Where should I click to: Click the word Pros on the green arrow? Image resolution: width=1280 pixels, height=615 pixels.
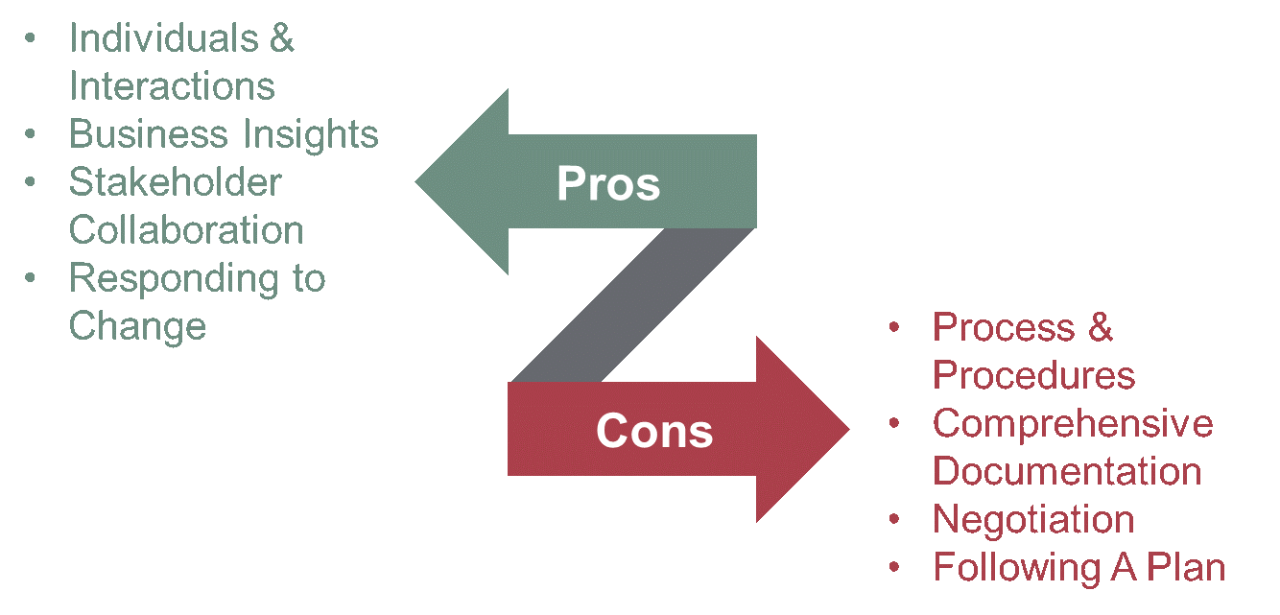pyautogui.click(x=608, y=183)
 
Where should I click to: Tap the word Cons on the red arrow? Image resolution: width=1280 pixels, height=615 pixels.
pyautogui.click(x=654, y=431)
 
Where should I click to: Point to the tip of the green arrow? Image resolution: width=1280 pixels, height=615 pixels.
pyautogui.click(x=419, y=181)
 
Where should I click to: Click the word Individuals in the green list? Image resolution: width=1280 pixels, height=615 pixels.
pyautogui.click(x=164, y=38)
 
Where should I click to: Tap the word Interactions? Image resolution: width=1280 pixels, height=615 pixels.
pyautogui.click(x=172, y=86)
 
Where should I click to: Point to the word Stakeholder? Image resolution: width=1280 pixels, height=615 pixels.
pyautogui.click(x=175, y=182)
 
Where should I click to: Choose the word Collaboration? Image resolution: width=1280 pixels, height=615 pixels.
pyautogui.click(x=186, y=230)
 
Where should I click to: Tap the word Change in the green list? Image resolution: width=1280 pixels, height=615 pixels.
pyautogui.click(x=137, y=326)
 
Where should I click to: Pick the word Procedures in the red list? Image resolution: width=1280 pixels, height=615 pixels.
pyautogui.click(x=1033, y=375)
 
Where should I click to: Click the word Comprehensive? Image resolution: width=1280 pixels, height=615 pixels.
pyautogui.click(x=1073, y=423)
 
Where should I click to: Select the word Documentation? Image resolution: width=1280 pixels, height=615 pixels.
pyautogui.click(x=1067, y=471)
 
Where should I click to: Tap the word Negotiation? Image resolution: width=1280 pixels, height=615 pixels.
pyautogui.click(x=1033, y=519)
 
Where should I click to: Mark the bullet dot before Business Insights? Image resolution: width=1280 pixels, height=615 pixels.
pyautogui.click(x=32, y=135)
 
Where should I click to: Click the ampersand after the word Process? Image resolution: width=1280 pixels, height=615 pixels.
pyautogui.click(x=1100, y=327)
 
